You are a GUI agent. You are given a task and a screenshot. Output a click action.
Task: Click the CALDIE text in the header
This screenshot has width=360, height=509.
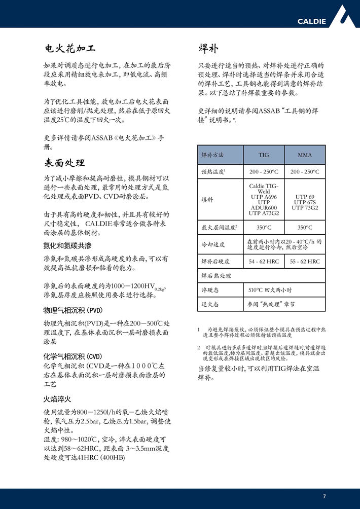pyautogui.click(x=311, y=21)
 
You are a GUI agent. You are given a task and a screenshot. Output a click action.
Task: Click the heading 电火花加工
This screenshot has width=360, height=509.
pyautogui.click(x=69, y=49)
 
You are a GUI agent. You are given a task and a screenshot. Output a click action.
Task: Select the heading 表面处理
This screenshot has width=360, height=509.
pyautogui.click(x=64, y=163)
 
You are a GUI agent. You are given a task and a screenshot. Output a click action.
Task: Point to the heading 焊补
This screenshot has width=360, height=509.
pyautogui.click(x=208, y=49)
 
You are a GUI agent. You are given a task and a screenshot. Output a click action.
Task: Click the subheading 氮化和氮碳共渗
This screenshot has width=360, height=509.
pyautogui.click(x=67, y=245)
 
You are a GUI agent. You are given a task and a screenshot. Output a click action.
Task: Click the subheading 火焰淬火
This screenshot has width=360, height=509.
pyautogui.click(x=57, y=398)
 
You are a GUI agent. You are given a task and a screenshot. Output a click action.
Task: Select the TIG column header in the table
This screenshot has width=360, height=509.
pyautogui.click(x=264, y=155)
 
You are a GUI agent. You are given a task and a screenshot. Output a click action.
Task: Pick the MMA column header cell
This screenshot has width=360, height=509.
pyautogui.click(x=305, y=155)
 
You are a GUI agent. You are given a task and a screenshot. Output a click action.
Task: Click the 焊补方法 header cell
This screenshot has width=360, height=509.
pyautogui.click(x=212, y=155)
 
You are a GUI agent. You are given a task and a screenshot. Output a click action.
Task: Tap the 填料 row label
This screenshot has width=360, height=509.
pyautogui.click(x=207, y=200)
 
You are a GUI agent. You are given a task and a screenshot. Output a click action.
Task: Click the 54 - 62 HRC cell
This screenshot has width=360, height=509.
pyautogui.click(x=264, y=262)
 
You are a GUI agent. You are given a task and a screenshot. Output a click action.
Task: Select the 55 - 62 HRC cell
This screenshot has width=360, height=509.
pyautogui.click(x=305, y=262)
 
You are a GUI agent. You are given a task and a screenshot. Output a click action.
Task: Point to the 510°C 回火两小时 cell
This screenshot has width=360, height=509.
pyautogui.click(x=270, y=290)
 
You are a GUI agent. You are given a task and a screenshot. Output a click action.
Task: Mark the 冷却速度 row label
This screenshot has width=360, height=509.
pyautogui.click(x=213, y=245)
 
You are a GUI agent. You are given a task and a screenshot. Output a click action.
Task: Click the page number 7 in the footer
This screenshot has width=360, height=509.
pyautogui.click(x=324, y=495)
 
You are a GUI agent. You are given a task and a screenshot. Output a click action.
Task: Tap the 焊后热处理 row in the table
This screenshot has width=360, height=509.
pyautogui.click(x=216, y=276)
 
